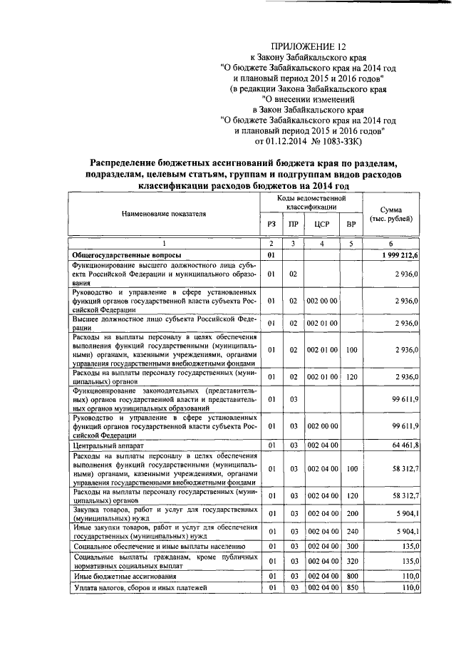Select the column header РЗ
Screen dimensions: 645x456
[271, 225]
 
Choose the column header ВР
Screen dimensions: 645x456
[351, 225]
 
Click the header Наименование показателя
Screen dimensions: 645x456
[163, 213]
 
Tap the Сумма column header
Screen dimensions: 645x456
[391, 213]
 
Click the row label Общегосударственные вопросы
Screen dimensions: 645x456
[127, 254]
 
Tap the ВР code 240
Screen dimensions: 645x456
[351, 531]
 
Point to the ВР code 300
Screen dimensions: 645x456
[351, 546]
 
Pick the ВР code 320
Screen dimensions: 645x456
[351, 561]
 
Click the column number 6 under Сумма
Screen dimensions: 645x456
[391, 243]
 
